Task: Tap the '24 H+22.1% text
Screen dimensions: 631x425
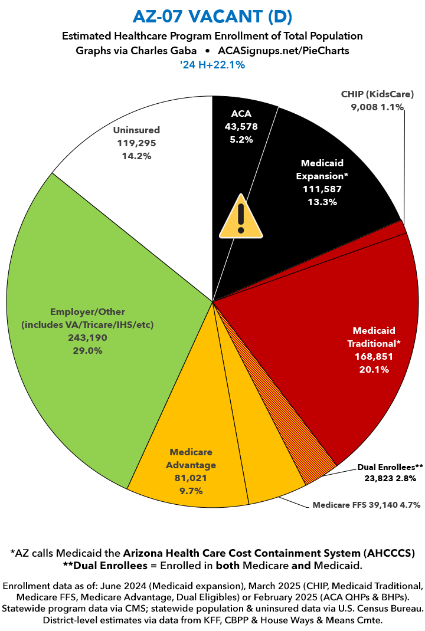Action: [x=212, y=65]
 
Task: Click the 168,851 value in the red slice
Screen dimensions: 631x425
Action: [x=373, y=356]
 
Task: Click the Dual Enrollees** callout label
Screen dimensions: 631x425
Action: [x=390, y=467]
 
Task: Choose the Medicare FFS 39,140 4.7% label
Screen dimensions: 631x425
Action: [x=365, y=505]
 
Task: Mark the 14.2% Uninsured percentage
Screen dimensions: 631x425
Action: [x=137, y=156]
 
